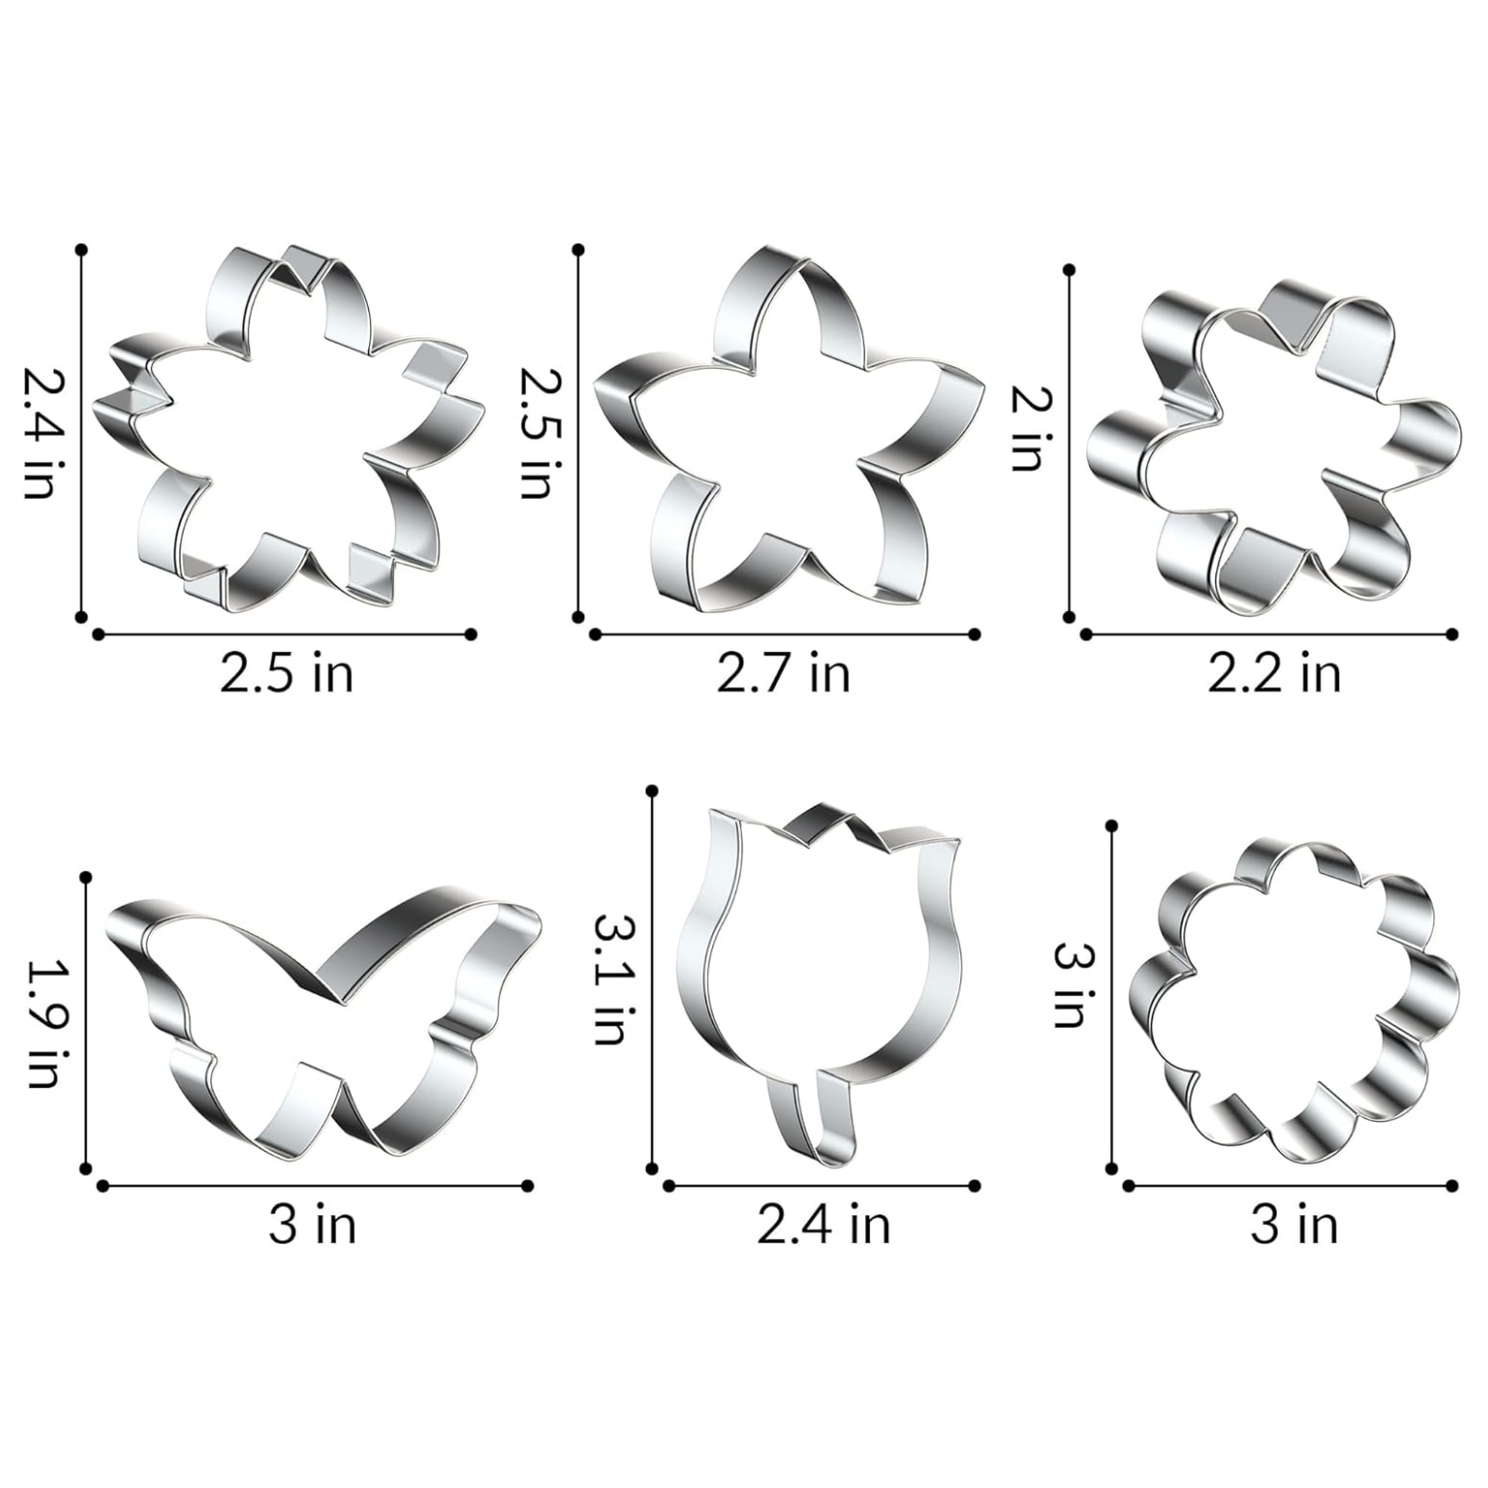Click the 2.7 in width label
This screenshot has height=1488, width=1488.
click(x=784, y=675)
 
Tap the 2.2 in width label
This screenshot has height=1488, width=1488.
click(x=1274, y=675)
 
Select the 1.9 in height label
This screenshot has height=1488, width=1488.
click(x=42, y=1023)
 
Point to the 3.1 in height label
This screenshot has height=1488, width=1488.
click(x=608, y=977)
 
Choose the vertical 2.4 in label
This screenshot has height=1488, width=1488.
click(x=42, y=433)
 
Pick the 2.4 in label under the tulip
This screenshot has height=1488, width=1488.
click(x=823, y=1225)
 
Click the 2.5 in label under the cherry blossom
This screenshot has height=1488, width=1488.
click(x=287, y=675)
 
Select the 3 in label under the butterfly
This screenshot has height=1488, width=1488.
click(x=312, y=1225)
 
